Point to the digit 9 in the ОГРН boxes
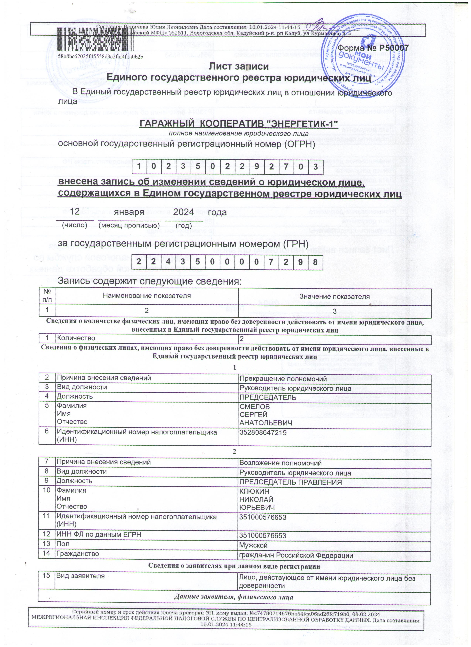click(x=257, y=167)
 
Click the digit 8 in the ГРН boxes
click(x=315, y=262)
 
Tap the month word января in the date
click(x=129, y=213)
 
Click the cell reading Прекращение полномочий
click(x=283, y=379)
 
